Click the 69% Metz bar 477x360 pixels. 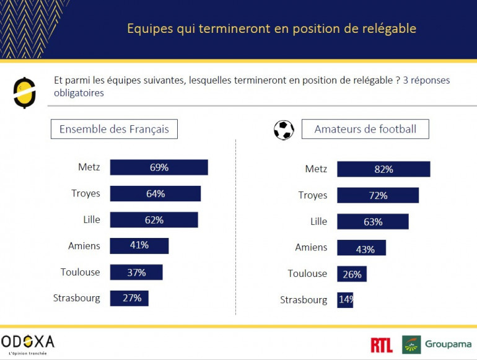pos(159,167)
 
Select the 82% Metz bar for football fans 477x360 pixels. pos(383,169)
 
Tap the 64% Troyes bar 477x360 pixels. pos(155,193)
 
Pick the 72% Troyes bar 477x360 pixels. pos(378,195)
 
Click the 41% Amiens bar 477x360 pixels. pos(139,245)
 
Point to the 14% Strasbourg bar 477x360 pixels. pos(345,300)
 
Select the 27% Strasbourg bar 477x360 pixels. pos(129,298)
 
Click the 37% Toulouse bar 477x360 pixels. pos(136,272)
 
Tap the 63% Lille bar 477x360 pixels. pos(373,221)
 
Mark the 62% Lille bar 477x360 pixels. pos(154,219)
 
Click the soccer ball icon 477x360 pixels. pos(284,130)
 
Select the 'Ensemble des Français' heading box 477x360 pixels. pos(114,130)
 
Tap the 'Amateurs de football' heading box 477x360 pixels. pos(365,130)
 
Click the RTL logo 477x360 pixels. pos(382,345)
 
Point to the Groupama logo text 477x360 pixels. pos(448,345)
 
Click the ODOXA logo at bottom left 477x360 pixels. pos(28,342)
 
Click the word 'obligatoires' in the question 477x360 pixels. pos(79,93)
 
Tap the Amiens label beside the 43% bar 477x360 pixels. pos(311,247)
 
